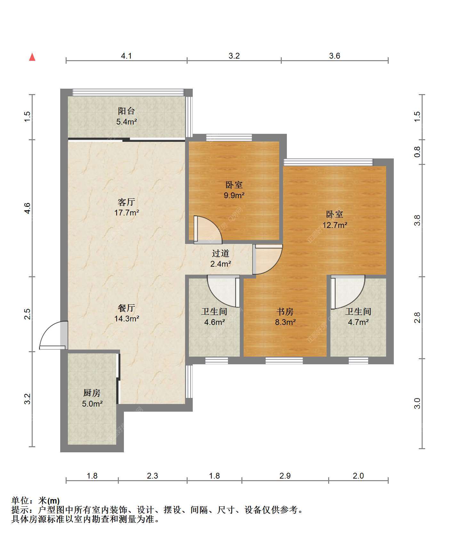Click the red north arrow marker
(32, 57)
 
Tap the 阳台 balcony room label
(126, 111)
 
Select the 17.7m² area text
(126, 213)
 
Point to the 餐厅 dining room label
(126, 308)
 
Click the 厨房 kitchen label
(92, 393)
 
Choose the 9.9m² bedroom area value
(234, 195)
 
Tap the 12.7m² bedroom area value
(335, 225)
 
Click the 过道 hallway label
(221, 254)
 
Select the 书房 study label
(285, 311)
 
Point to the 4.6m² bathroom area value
(215, 322)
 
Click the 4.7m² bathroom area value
(358, 322)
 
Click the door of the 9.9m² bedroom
(207, 229)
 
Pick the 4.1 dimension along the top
(126, 56)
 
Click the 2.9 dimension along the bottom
(285, 476)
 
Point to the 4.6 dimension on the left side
(28, 208)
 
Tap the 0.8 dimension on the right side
(417, 152)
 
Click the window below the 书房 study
(284, 361)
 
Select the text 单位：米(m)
(36, 501)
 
